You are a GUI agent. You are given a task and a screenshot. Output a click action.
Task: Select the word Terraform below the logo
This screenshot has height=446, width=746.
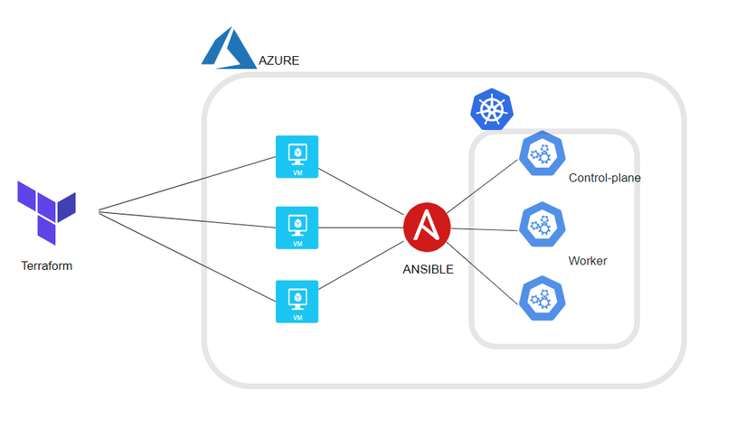pos(46,266)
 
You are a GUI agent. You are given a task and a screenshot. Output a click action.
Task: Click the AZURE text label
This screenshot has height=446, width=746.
pos(279,61)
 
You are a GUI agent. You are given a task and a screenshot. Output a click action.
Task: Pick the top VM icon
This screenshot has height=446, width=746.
pos(297,157)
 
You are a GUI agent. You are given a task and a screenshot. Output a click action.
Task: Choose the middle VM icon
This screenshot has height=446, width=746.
pos(297,228)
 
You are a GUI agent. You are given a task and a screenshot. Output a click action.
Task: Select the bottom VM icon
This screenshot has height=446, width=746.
pos(297,302)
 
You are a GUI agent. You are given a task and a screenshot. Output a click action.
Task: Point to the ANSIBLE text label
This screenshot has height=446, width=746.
pos(428,269)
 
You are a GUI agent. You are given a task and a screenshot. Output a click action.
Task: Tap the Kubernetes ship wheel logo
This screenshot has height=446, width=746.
pos(491,110)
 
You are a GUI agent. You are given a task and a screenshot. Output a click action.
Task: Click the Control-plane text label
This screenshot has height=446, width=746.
pos(604,178)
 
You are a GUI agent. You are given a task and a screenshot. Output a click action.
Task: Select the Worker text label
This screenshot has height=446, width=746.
pos(587,262)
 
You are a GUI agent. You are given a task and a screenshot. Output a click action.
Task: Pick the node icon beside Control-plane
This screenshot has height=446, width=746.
pos(543,154)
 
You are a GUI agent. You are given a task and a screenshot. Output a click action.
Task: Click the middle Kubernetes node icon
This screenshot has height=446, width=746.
pos(543,225)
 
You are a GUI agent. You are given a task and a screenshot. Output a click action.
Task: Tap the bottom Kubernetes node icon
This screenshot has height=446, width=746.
pos(543,299)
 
